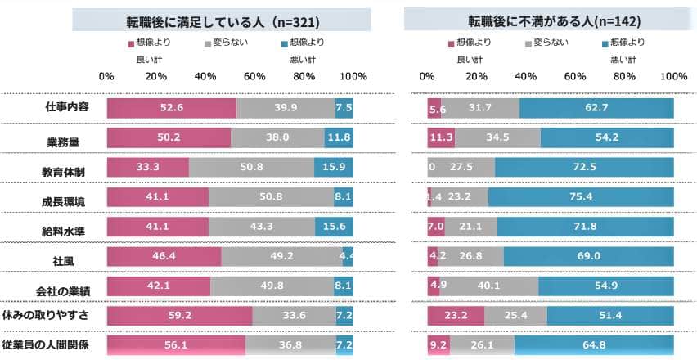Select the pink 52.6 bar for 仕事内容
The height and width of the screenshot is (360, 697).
point(171,108)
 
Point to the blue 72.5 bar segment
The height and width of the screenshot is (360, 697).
point(584,167)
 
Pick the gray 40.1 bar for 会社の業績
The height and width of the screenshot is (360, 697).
point(490,286)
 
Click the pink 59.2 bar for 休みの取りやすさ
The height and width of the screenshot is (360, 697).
point(179,315)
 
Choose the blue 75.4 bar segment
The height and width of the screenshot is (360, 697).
point(581,196)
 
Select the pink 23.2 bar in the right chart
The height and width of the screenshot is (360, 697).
point(456,315)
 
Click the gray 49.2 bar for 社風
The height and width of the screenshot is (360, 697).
point(281,256)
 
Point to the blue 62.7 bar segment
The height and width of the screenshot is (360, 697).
point(596,108)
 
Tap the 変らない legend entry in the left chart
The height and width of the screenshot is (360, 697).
point(215,42)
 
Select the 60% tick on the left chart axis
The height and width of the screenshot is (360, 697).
point(254,76)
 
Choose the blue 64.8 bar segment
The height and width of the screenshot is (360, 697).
point(594,345)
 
